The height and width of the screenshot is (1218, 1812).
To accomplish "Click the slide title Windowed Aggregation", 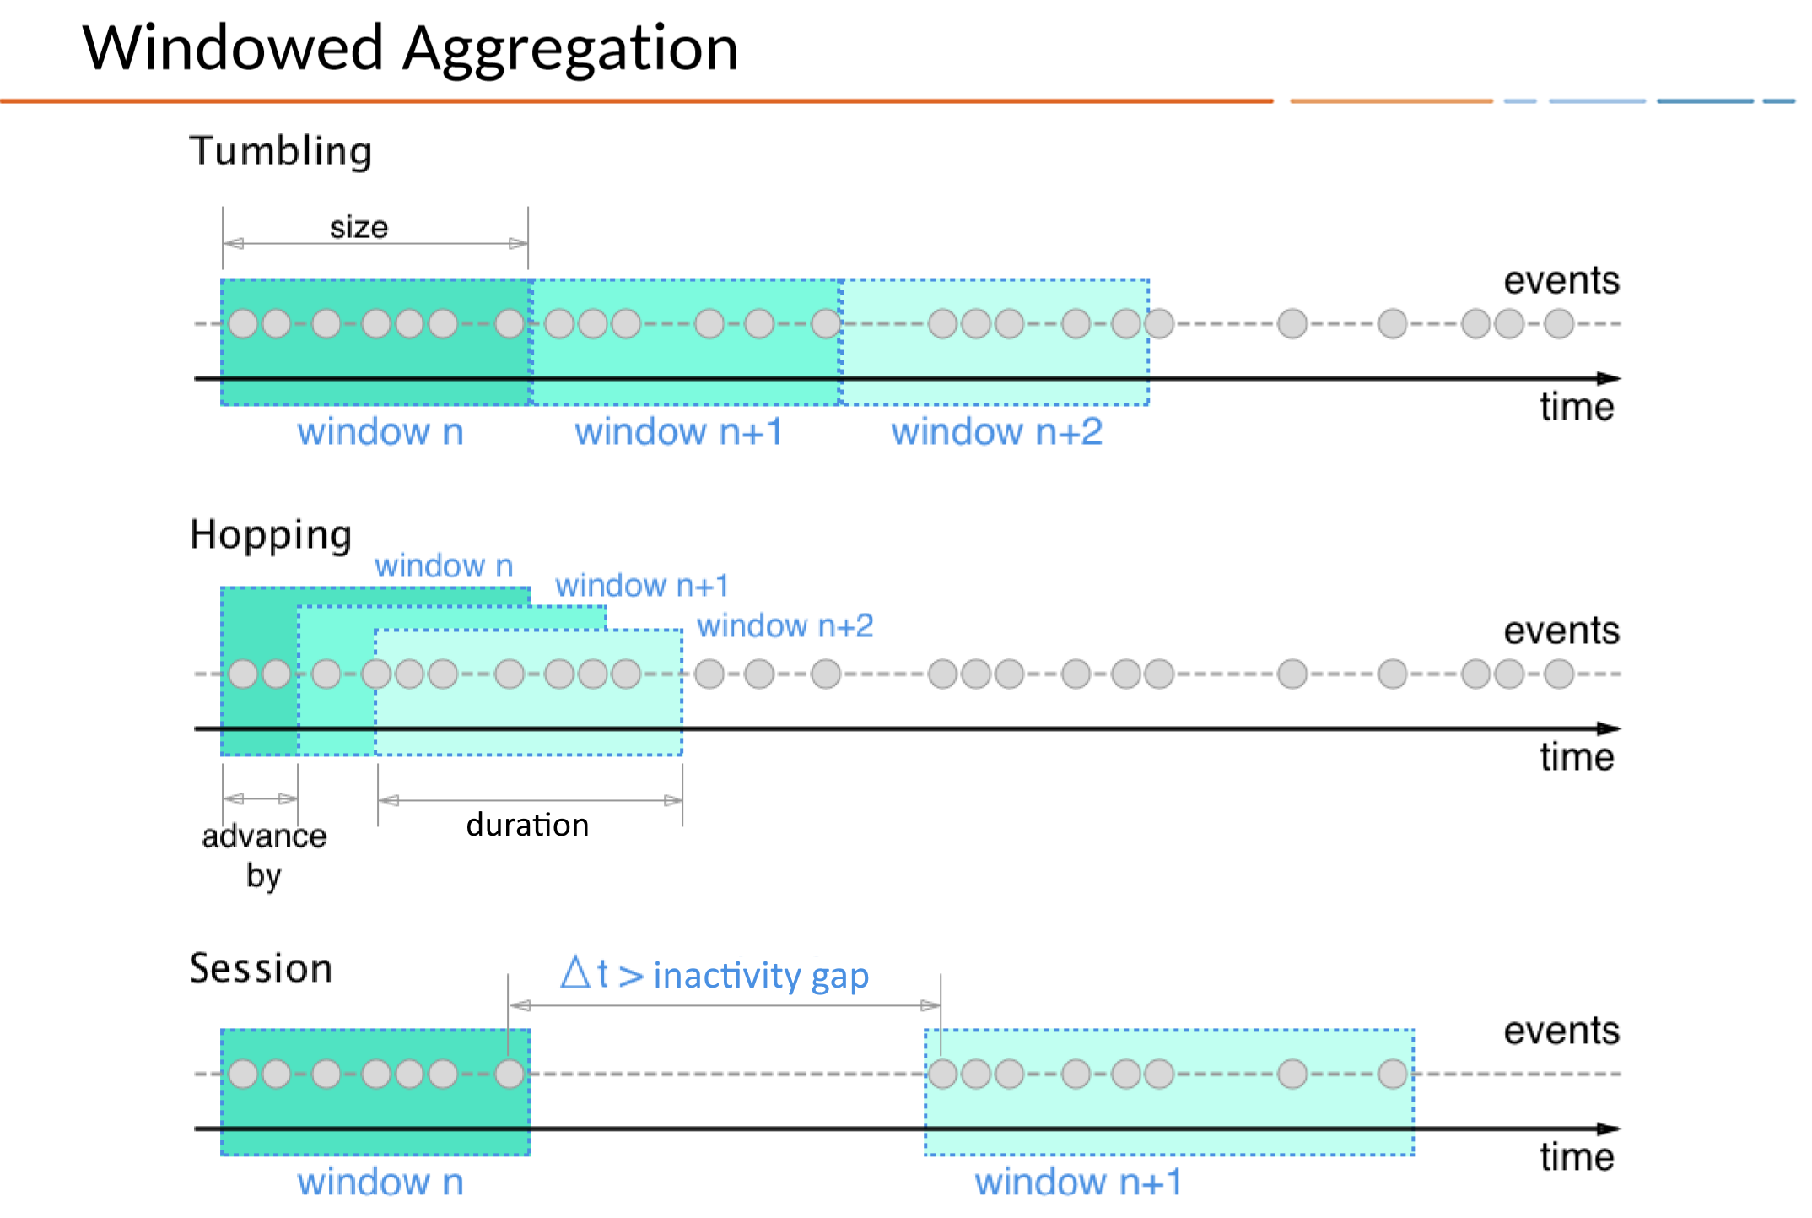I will (410, 49).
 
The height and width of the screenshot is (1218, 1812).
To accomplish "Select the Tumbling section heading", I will (280, 152).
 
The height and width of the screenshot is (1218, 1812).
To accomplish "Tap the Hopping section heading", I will (271, 535).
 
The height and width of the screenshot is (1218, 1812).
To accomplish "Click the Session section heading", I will (261, 968).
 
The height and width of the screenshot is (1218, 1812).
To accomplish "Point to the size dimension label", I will (359, 228).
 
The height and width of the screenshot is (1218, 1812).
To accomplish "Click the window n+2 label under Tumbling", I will (996, 432).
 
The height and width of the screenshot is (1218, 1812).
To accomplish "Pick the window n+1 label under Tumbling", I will (678, 432).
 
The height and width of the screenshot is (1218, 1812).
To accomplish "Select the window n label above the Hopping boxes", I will (444, 566).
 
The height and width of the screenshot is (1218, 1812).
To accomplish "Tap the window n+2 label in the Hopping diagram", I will (785, 626).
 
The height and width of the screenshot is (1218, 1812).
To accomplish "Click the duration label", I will (527, 825).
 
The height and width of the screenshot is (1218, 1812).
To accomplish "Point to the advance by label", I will (264, 854).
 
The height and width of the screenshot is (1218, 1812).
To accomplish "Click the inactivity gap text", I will (760, 976).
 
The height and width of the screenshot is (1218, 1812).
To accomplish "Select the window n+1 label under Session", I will (1078, 1182).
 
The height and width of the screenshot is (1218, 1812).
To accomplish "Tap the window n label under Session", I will (380, 1182).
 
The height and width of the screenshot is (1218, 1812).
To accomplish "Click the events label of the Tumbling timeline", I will (1561, 281).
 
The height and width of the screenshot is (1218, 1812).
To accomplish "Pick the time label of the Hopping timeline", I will (1576, 757).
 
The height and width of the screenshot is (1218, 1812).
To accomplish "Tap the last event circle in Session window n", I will (510, 1074).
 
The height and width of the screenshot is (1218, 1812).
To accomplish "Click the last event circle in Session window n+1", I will (1392, 1074).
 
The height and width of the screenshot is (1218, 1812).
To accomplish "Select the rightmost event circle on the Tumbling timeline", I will (1559, 323).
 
